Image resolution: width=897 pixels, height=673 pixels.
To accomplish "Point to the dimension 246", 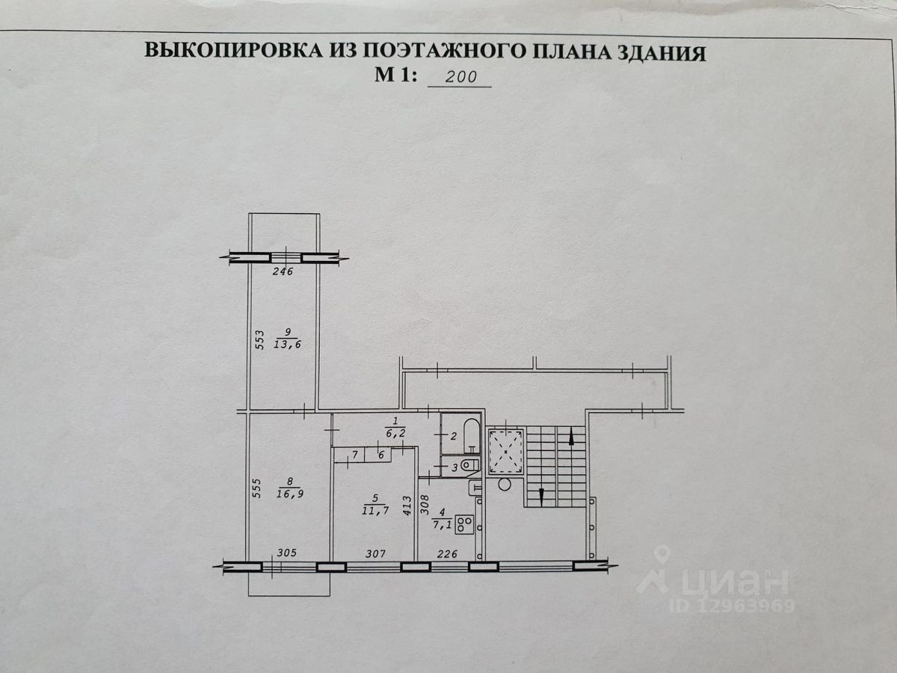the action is coord(282,271).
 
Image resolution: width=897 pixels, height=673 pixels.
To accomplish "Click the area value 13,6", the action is coord(287,344).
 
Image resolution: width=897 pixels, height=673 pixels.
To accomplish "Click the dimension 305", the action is coord(287,553).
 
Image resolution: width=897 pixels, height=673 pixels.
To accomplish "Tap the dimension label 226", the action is coord(446,553).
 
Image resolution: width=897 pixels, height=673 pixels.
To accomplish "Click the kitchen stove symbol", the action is coord(464,524).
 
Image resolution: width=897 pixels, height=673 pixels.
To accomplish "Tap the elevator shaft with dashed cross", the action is coord(506,452).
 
